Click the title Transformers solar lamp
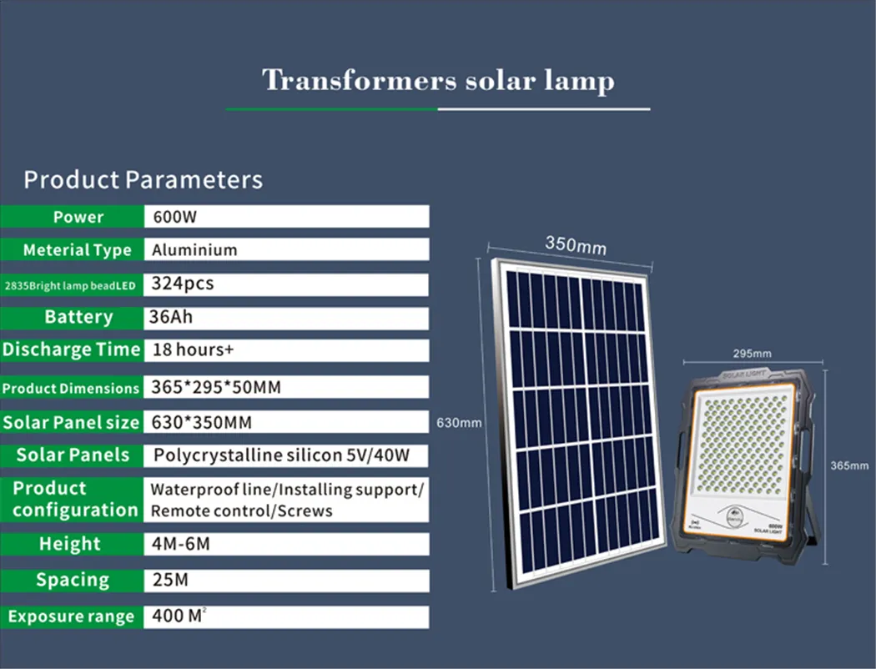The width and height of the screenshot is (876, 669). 438,81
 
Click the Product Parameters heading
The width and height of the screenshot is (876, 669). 143,179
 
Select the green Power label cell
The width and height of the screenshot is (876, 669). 78,217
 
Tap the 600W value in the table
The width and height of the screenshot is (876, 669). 174,217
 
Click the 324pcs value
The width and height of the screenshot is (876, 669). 182,284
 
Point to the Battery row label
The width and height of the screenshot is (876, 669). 78,317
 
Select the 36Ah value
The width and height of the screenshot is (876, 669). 172,317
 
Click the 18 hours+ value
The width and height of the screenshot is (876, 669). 193,350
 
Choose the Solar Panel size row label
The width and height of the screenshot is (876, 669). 71,422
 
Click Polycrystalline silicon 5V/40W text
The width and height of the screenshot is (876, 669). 279,455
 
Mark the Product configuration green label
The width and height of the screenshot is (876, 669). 73,499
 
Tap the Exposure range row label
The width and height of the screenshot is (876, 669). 71,617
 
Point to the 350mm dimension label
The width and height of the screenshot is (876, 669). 576,245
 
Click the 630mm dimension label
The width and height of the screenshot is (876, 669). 459,423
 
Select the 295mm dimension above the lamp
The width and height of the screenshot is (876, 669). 752,354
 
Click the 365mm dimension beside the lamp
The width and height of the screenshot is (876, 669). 849,465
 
